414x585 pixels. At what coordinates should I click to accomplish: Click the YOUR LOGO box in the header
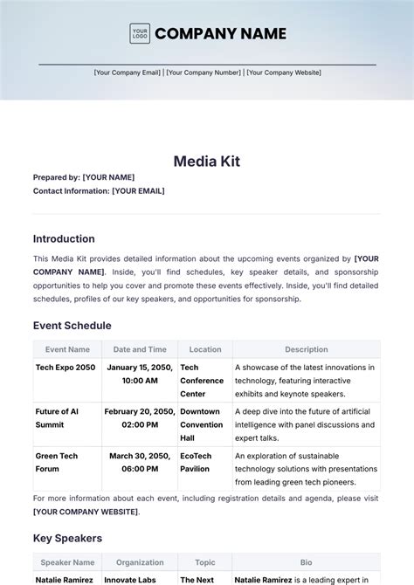click(x=140, y=34)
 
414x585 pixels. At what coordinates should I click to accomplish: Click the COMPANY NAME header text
click(x=220, y=34)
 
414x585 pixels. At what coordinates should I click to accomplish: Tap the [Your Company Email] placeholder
click(x=128, y=72)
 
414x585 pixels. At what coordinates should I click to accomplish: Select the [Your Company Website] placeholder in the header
click(x=284, y=72)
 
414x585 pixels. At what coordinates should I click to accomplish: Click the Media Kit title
click(x=207, y=161)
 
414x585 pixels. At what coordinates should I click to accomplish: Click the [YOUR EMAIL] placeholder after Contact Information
click(x=138, y=190)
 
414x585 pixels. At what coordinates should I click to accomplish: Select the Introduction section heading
click(x=64, y=238)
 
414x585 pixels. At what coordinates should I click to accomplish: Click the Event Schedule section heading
click(x=72, y=326)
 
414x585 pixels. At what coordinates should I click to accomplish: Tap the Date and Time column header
click(x=140, y=349)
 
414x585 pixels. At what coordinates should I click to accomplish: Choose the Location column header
click(x=205, y=349)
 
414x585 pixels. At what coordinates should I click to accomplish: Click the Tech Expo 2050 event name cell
click(x=66, y=368)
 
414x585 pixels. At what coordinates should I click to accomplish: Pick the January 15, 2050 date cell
click(x=140, y=374)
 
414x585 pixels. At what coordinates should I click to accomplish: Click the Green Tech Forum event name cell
click(x=59, y=461)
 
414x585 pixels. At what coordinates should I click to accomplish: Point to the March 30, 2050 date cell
click(x=140, y=461)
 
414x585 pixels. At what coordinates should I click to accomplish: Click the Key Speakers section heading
click(x=67, y=538)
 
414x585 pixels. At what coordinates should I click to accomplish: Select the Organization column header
click(x=140, y=562)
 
